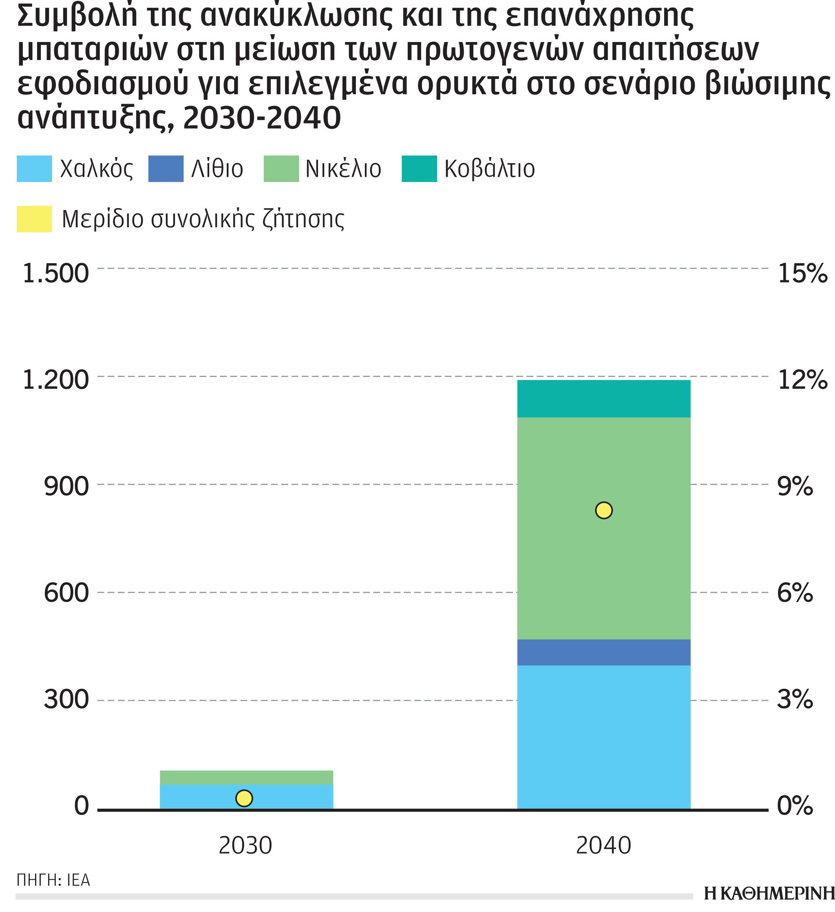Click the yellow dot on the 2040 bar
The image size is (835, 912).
click(x=604, y=510)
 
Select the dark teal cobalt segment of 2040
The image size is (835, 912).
click(x=604, y=399)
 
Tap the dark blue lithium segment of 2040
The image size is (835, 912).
click(x=604, y=652)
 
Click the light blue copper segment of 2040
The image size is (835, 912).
click(x=604, y=737)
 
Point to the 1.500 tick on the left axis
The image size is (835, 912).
click(x=55, y=274)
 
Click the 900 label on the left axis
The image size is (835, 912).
click(x=66, y=487)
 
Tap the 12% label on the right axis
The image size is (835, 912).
click(x=802, y=379)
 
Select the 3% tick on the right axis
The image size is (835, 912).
click(x=794, y=700)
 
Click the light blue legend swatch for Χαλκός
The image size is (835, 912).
click(x=34, y=169)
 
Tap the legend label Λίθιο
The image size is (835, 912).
click(x=217, y=169)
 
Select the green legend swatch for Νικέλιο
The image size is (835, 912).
click(x=281, y=169)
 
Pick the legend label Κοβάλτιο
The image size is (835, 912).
click(x=490, y=169)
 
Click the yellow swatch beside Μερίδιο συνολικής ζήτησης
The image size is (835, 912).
click(x=34, y=219)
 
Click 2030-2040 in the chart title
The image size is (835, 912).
click(x=262, y=118)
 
